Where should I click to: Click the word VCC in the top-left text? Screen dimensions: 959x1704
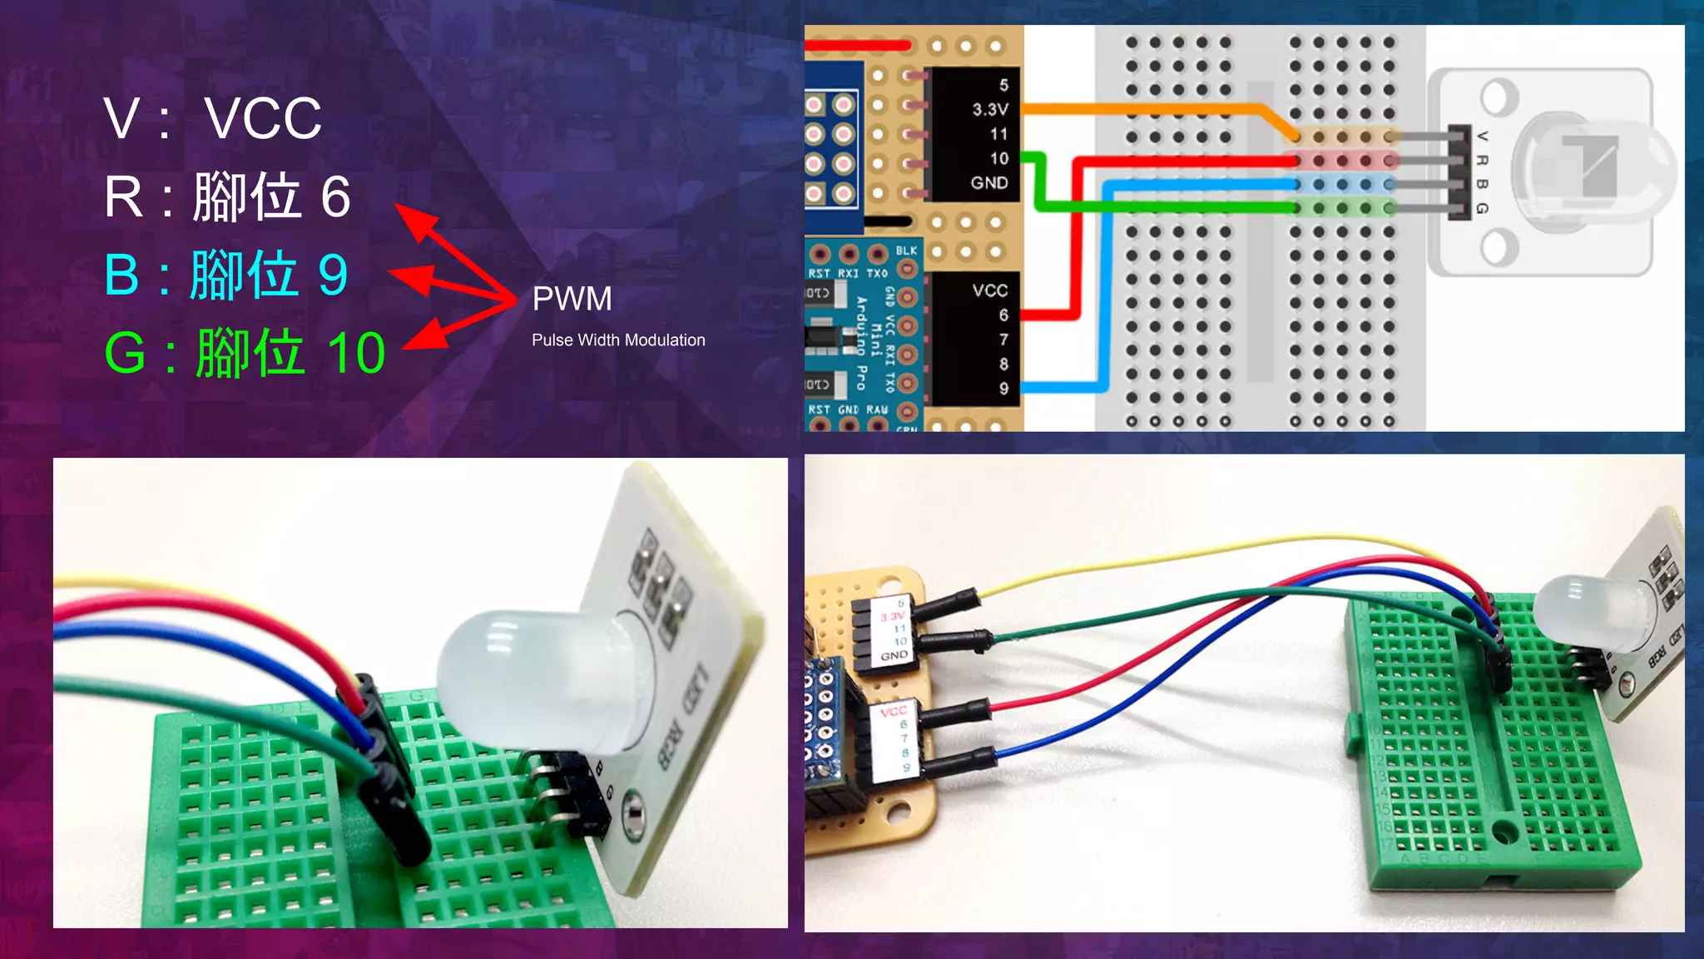pyautogui.click(x=263, y=118)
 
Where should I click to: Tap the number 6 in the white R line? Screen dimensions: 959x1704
pyautogui.click(x=335, y=197)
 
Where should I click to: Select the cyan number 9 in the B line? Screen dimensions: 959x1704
pyautogui.click(x=333, y=275)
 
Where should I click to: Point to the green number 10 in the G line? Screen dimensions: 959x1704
pyautogui.click(x=356, y=353)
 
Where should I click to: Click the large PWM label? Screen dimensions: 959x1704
pyautogui.click(x=572, y=299)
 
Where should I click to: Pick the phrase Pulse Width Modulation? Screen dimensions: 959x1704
pyautogui.click(x=618, y=340)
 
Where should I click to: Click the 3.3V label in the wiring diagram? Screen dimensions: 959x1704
pyautogui.click(x=989, y=109)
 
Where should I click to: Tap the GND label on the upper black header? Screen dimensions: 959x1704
pyautogui.click(x=988, y=182)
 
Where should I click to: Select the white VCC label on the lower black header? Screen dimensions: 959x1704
pyautogui.click(x=989, y=291)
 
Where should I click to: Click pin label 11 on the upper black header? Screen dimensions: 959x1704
pyautogui.click(x=998, y=134)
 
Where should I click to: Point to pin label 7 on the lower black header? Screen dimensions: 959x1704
pyautogui.click(x=1003, y=340)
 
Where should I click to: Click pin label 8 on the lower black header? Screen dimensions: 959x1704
pyautogui.click(x=1003, y=364)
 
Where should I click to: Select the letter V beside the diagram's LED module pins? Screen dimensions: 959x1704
pyautogui.click(x=1482, y=136)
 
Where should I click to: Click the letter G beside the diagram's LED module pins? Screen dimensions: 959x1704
pyautogui.click(x=1482, y=208)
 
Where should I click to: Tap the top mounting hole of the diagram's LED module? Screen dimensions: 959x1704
pyautogui.click(x=1498, y=97)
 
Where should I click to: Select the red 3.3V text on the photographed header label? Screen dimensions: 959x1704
pyautogui.click(x=892, y=617)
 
